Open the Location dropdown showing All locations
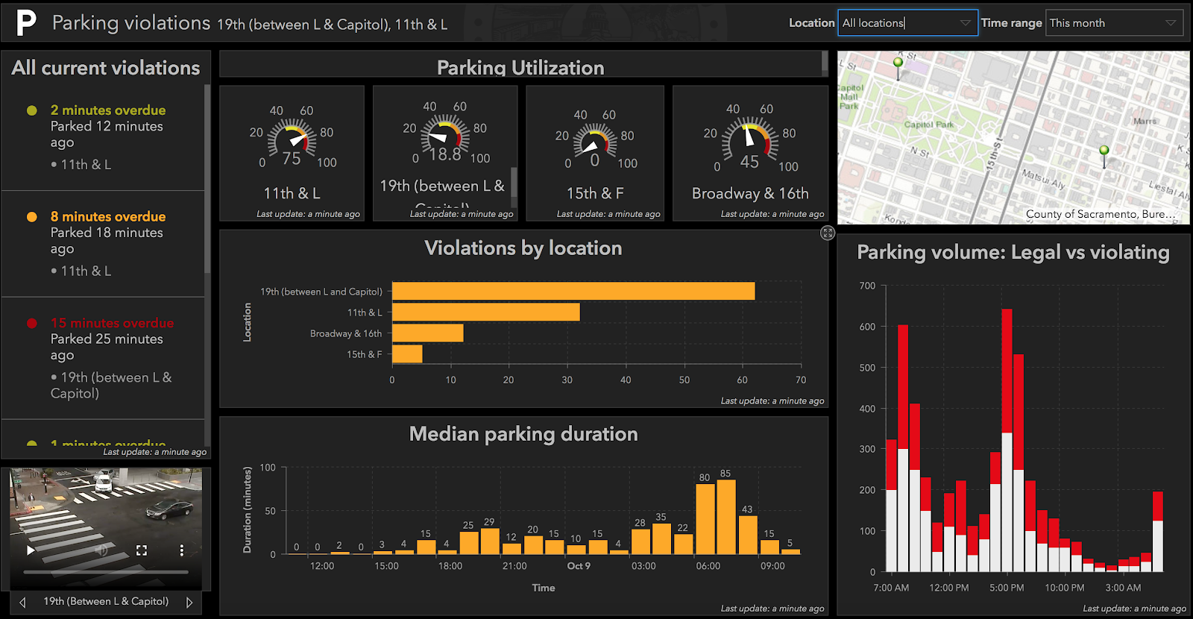[907, 23]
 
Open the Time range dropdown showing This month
[1114, 23]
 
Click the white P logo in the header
[26, 22]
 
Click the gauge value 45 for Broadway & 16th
[749, 162]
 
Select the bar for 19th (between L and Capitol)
[573, 291]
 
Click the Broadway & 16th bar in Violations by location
[427, 333]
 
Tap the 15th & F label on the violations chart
[364, 354]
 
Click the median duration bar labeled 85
[725, 516]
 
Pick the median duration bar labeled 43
[747, 534]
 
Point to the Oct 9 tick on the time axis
[579, 566]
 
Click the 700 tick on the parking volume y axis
[867, 286]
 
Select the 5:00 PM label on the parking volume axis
[1007, 588]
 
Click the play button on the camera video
[31, 550]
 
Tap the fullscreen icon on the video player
[142, 550]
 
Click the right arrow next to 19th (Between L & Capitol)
[189, 602]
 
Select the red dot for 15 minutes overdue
[32, 323]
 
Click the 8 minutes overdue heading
[108, 216]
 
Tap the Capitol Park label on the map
[928, 125]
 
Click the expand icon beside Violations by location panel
[828, 233]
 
